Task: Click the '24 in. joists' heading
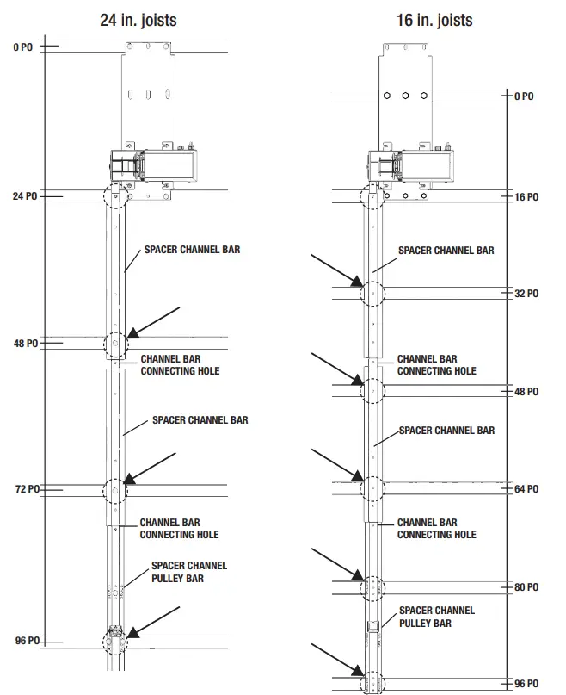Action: pyautogui.click(x=151, y=18)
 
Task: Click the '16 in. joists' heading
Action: pyautogui.click(x=434, y=18)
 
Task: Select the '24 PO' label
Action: pyautogui.click(x=25, y=196)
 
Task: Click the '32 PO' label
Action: pyautogui.click(x=526, y=294)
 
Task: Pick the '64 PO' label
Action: pyautogui.click(x=526, y=489)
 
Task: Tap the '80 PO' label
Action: pyautogui.click(x=526, y=587)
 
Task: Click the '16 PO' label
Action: pyautogui.click(x=526, y=197)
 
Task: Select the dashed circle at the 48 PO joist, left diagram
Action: pyautogui.click(x=114, y=344)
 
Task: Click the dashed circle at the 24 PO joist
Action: pyautogui.click(x=114, y=196)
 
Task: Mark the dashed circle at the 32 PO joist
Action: pyautogui.click(x=372, y=293)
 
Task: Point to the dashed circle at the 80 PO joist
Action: pyautogui.click(x=372, y=587)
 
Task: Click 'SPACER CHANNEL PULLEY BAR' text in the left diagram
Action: pyautogui.click(x=189, y=572)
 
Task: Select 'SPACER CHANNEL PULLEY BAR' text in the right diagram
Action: pyautogui.click(x=436, y=617)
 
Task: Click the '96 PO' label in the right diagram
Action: pyautogui.click(x=526, y=684)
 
